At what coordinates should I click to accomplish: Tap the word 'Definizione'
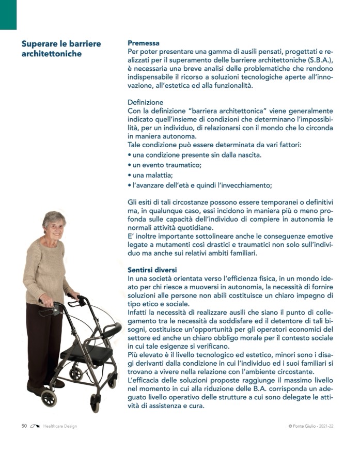point(145,102)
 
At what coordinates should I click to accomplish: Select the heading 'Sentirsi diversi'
point(152,270)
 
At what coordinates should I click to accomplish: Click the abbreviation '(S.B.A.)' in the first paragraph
point(316,61)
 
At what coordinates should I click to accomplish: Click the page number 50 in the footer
point(24,426)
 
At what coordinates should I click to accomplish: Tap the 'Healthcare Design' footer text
point(60,426)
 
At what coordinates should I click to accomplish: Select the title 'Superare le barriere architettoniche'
point(61,49)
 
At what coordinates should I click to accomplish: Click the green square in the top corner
point(8,14)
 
